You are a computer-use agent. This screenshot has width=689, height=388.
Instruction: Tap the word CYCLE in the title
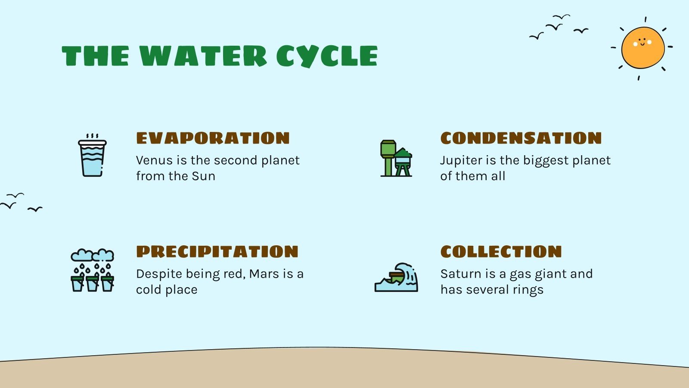click(327, 56)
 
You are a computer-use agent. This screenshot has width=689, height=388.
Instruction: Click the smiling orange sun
click(642, 48)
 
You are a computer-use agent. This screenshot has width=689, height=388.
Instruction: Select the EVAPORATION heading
click(213, 138)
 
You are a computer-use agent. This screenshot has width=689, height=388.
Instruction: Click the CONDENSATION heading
click(521, 138)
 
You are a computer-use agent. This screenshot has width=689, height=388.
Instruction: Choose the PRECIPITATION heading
click(217, 252)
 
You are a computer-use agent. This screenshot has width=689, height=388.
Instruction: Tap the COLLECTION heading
click(501, 252)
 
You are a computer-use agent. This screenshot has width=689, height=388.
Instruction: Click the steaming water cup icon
click(92, 156)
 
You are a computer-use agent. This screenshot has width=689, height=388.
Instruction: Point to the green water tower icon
click(396, 158)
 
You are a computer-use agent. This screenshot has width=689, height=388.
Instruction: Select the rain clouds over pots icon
click(92, 270)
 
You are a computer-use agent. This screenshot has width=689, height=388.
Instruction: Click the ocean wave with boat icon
click(396, 278)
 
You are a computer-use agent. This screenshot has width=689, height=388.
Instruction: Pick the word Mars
click(264, 274)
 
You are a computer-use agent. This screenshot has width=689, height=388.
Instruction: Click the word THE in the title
click(95, 56)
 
